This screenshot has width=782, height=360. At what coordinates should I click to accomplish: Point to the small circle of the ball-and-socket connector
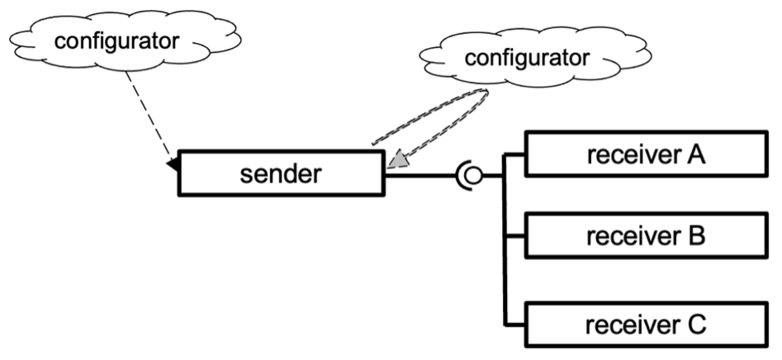point(474,175)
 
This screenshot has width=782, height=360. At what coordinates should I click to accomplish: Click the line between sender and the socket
point(421,175)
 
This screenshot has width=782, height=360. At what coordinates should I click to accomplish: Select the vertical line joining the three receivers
point(504,248)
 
